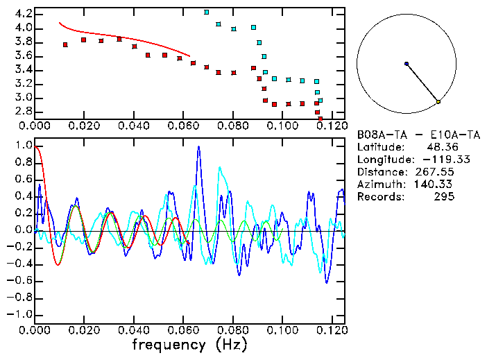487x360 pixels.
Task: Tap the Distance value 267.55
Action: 437,171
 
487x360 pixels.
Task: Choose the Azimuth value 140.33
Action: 437,184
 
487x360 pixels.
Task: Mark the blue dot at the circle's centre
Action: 407,64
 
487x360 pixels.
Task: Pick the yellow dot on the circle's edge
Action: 438,102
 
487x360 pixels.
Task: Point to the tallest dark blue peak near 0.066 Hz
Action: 199,146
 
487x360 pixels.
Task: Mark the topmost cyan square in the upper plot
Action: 206,12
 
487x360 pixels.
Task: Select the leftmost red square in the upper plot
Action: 65,44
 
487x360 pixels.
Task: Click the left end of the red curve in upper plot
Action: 60,23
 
